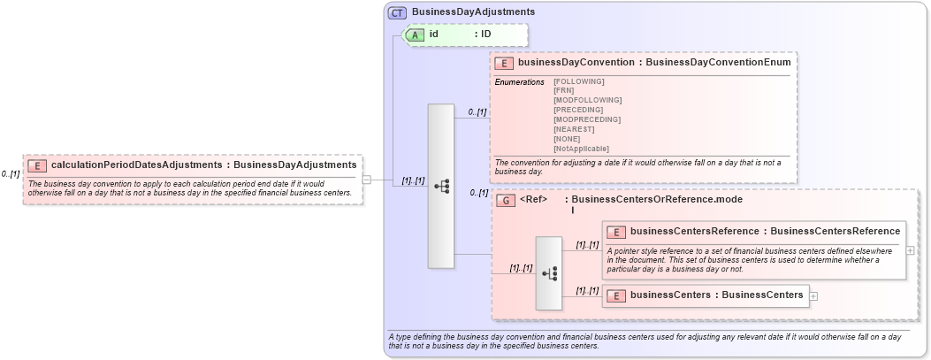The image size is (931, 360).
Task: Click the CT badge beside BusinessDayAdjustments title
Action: pos(397,12)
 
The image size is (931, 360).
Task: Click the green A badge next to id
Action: pos(416,34)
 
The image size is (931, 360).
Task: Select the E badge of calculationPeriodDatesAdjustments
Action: pos(37,165)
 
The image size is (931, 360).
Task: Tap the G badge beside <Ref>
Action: pos(506,200)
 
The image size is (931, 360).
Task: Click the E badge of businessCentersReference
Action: pos(616,232)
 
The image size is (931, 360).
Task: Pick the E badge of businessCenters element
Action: pos(616,295)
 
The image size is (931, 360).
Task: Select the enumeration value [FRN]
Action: pos(564,90)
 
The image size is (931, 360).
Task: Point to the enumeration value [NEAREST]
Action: pos(573,129)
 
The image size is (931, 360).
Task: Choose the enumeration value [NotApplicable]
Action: pos(581,149)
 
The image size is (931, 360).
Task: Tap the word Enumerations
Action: pos(519,81)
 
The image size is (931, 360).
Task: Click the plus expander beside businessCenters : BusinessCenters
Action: pos(813,295)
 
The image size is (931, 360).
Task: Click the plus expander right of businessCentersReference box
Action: pos(911,250)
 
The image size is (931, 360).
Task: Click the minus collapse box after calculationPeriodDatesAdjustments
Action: pos(366,180)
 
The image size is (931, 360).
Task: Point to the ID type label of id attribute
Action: pos(486,34)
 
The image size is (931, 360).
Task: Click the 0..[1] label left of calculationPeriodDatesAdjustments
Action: pos(11,174)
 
